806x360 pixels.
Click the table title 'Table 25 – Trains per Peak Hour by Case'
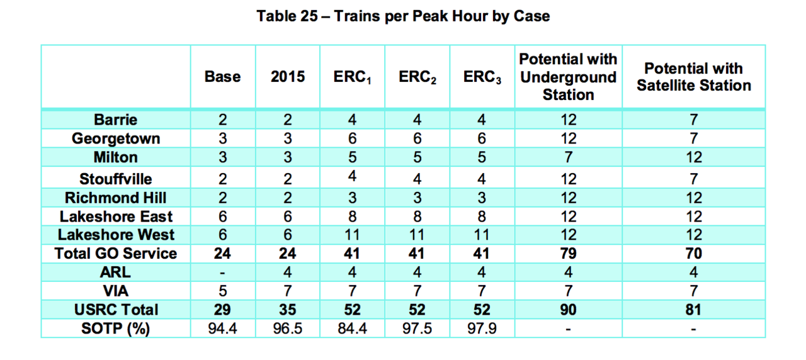tap(403, 16)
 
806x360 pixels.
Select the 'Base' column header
tap(222, 77)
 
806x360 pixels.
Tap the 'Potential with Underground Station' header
tap(568, 77)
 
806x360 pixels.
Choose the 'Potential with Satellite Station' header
tap(694, 77)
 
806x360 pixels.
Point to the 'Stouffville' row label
tap(115, 179)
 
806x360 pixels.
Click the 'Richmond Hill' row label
tap(115, 198)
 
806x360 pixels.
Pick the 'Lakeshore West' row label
tap(116, 235)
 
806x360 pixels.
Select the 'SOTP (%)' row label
tap(115, 329)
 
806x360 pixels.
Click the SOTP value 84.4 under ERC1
tap(352, 329)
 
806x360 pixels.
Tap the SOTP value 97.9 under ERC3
tap(482, 329)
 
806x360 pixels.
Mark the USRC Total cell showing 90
tap(568, 310)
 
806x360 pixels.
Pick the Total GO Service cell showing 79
tap(568, 254)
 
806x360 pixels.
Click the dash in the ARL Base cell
tap(222, 273)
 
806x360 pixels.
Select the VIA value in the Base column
tap(222, 291)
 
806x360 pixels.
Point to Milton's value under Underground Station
tap(568, 157)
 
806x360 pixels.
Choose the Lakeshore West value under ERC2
tap(417, 235)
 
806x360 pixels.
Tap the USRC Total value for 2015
tap(287, 310)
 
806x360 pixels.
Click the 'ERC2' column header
tap(417, 77)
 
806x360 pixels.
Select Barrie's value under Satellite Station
tap(694, 120)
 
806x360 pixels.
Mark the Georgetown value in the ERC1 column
tap(352, 138)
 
